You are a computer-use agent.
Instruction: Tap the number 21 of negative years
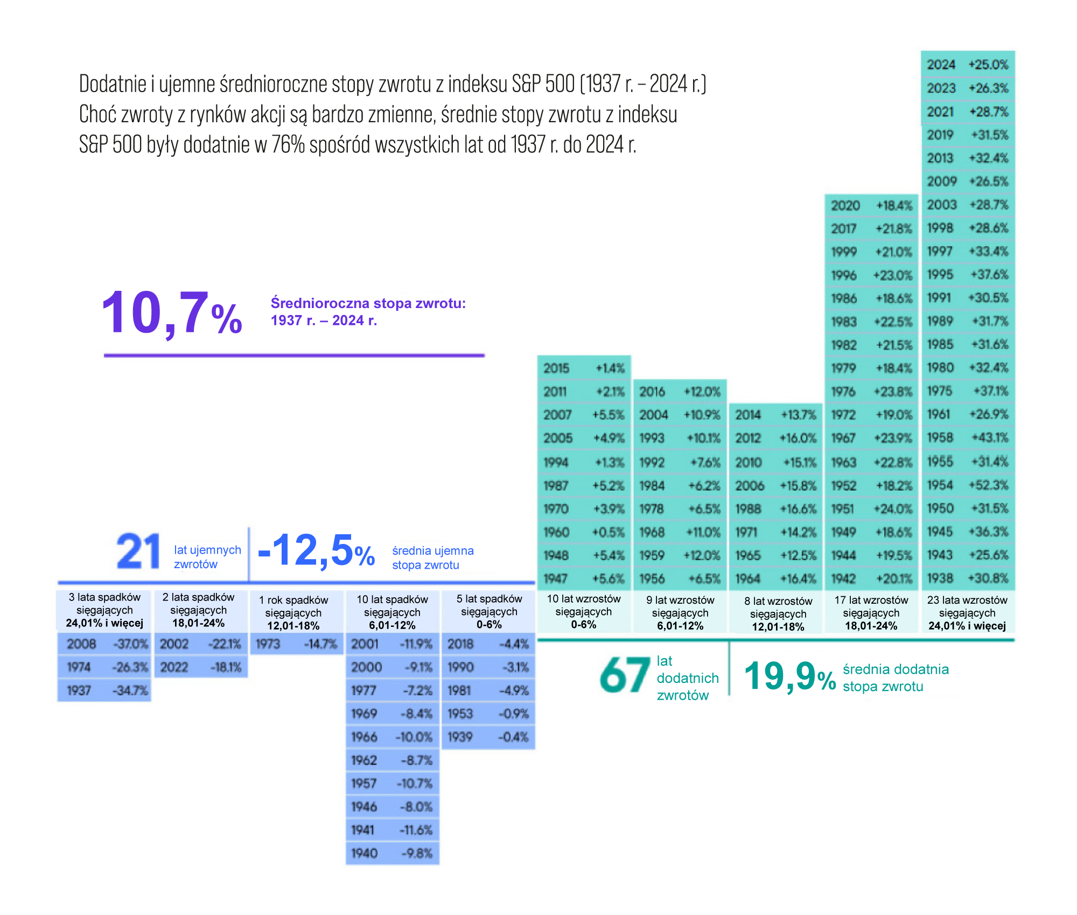point(138,551)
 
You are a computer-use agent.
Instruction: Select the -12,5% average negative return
point(316,551)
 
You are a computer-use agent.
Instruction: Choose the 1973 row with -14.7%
point(296,644)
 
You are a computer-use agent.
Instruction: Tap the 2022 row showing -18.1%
point(201,667)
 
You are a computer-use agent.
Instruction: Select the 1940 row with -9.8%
point(392,853)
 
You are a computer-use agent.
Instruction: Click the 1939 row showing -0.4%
point(488,737)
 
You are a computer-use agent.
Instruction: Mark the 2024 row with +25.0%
point(968,65)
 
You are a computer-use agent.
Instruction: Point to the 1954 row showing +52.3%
point(968,485)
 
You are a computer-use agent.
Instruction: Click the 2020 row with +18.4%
point(871,206)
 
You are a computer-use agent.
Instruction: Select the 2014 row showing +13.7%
point(775,415)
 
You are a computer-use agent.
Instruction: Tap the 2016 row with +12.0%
point(680,392)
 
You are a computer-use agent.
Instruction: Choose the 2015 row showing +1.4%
point(584,368)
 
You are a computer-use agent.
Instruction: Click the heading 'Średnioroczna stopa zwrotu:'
point(368,303)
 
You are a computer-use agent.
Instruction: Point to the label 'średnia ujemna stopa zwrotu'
point(432,558)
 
